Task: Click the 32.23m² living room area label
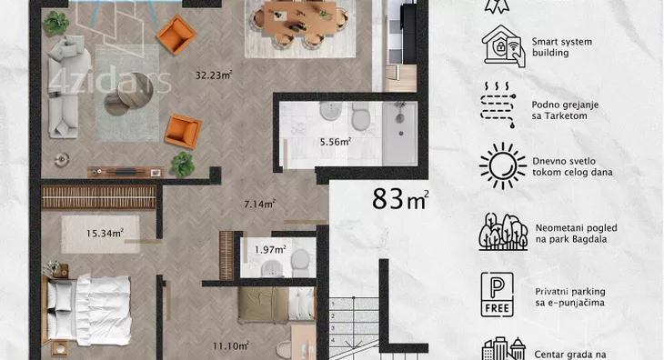[x=214, y=75]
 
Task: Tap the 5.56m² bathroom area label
[x=335, y=142]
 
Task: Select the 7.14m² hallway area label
[x=259, y=204]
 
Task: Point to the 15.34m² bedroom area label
[x=105, y=233]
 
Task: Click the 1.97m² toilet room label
[x=270, y=250]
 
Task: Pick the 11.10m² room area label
[x=230, y=345]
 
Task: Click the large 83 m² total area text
[x=400, y=199]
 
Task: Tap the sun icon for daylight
[x=503, y=165]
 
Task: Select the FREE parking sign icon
[x=498, y=295]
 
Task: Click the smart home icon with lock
[x=503, y=46]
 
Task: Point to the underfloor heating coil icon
[x=498, y=105]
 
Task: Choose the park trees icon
[x=503, y=232]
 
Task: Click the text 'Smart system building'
[x=562, y=47]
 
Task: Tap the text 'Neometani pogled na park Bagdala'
[x=577, y=234]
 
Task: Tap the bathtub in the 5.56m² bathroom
[x=399, y=134]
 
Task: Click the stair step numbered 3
[x=354, y=328]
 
